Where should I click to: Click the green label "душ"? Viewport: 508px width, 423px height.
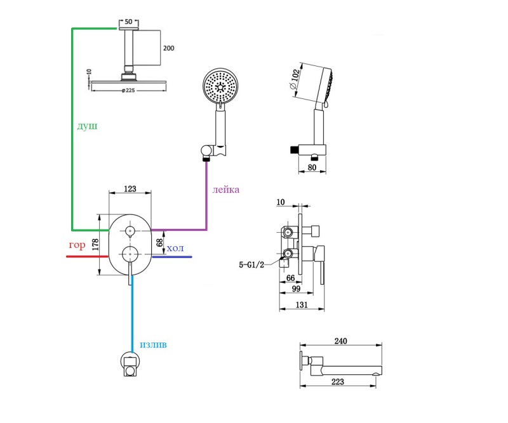click(x=87, y=127)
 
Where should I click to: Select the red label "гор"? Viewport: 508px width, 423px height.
click(x=77, y=245)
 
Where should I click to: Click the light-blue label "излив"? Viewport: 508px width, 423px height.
click(x=154, y=345)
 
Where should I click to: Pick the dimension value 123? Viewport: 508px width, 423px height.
click(x=131, y=188)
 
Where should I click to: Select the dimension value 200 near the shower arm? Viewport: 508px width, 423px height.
click(x=168, y=48)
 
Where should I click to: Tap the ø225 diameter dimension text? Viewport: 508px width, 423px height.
click(x=128, y=91)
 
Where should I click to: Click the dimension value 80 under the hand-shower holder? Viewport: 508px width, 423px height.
click(x=312, y=168)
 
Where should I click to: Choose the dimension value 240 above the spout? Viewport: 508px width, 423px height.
click(x=340, y=341)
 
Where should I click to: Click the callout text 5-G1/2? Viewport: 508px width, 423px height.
click(x=251, y=264)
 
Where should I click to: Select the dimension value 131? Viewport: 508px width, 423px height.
click(x=302, y=305)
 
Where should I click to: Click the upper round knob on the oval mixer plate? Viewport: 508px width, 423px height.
click(x=131, y=231)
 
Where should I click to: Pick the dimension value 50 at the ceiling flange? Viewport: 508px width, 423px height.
click(x=129, y=22)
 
